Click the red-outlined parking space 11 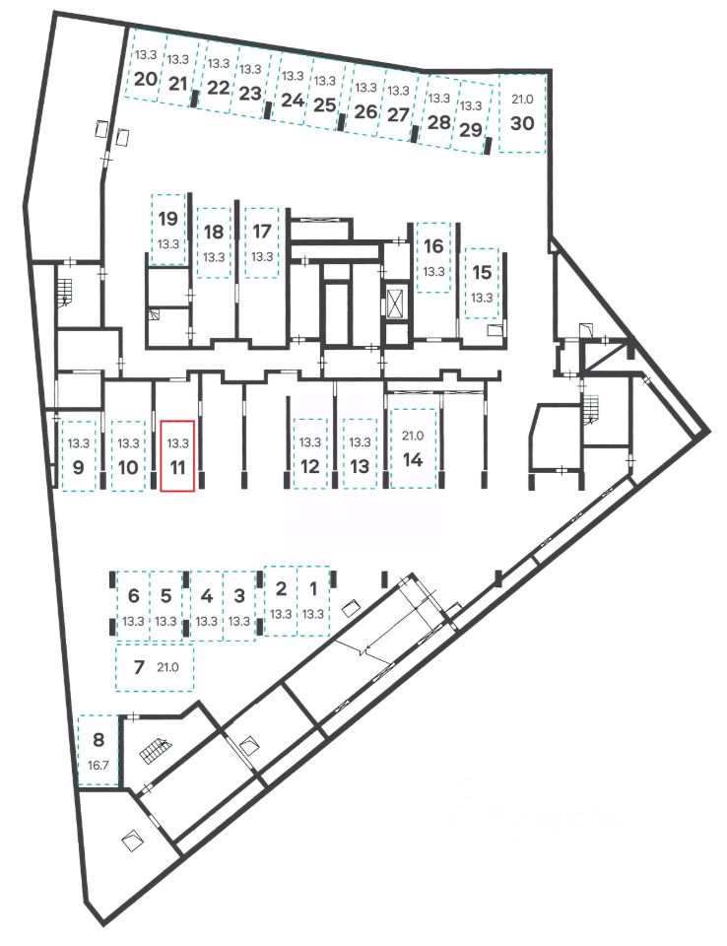178,455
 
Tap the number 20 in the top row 146,79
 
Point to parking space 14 413,448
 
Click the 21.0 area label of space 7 167,668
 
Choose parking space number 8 98,749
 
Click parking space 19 167,229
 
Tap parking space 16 433,255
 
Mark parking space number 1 313,601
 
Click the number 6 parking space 133,607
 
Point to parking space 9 79,455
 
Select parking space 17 262,241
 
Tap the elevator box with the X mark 398,302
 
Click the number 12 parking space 310,455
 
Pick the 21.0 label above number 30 522,98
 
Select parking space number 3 239,607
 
